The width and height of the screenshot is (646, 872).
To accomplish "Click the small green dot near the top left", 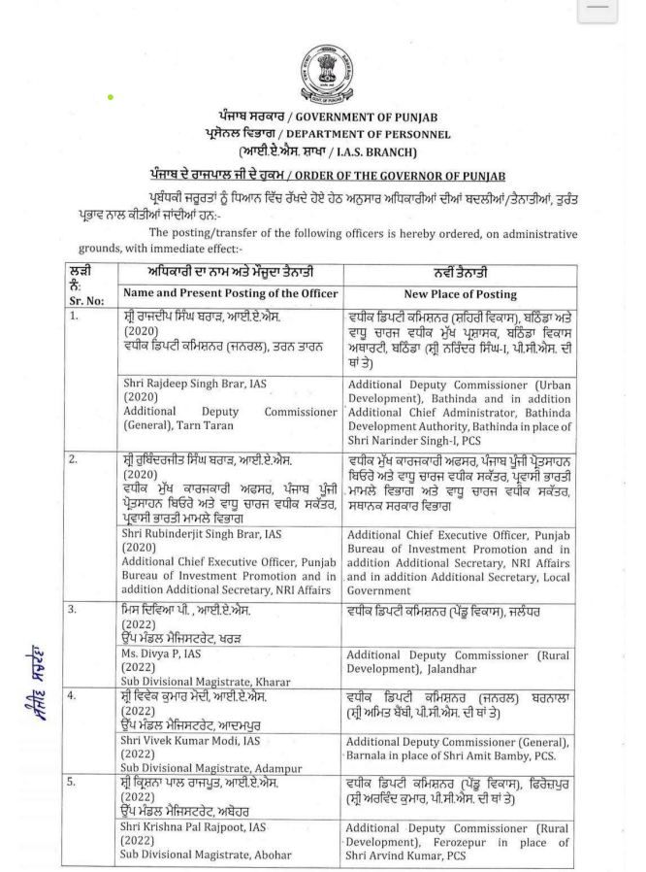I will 113,95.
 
